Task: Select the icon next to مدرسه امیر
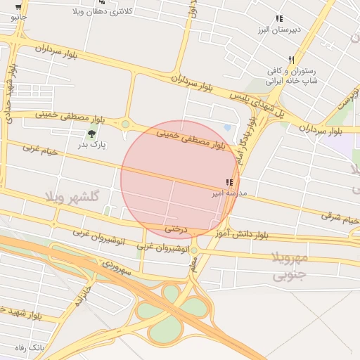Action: (229, 181)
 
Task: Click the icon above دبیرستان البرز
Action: (279, 19)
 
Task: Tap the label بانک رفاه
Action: (30, 347)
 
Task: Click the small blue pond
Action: (226, 127)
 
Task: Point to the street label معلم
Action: (193, 264)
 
